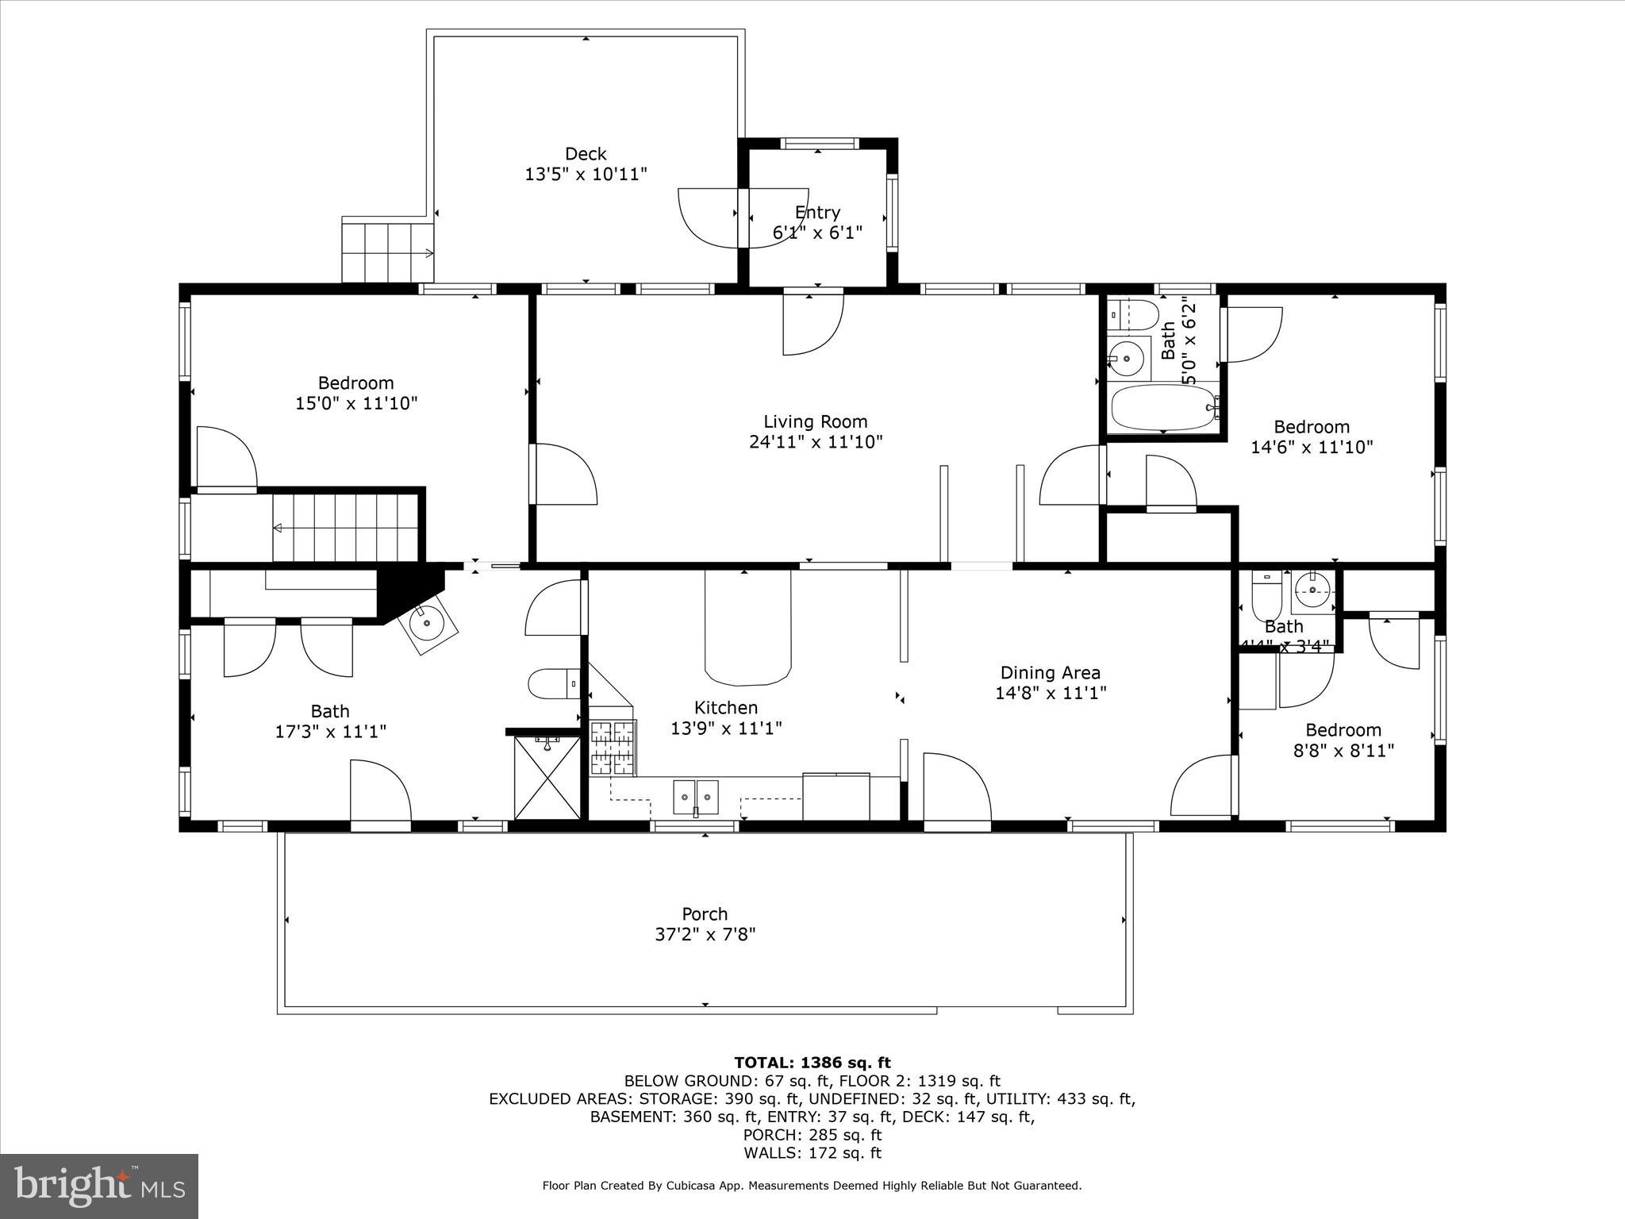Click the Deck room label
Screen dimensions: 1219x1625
(586, 154)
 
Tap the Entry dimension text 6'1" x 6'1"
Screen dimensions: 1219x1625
(817, 233)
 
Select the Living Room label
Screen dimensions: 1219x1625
(815, 421)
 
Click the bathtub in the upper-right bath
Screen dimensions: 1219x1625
(1162, 407)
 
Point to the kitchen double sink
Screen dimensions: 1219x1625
(696, 796)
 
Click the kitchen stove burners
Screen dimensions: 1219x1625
(613, 747)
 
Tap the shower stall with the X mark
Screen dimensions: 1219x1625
(547, 777)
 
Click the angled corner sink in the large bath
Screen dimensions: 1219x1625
(429, 624)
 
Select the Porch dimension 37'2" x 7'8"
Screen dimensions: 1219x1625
(705, 935)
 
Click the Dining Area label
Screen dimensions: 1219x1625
(1050, 673)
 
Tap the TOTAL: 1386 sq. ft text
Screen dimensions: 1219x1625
(812, 1063)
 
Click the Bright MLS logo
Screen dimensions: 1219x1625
(99, 1186)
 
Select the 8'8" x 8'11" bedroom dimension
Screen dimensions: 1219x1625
(1343, 751)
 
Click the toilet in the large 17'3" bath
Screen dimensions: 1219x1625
(554, 683)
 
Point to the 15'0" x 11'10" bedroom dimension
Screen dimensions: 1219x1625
(356, 403)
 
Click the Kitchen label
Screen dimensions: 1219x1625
(726, 707)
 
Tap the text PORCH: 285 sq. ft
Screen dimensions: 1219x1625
(812, 1135)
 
